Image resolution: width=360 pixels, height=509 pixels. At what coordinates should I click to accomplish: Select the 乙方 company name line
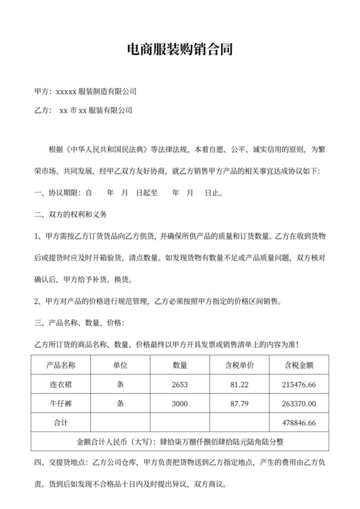pyautogui.click(x=82, y=111)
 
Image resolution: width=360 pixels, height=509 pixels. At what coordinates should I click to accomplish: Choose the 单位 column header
pyautogui.click(x=120, y=366)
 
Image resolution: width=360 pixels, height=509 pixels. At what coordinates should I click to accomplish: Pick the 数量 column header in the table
pyautogui.click(x=180, y=366)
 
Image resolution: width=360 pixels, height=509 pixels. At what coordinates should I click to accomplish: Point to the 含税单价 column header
pyautogui.click(x=240, y=366)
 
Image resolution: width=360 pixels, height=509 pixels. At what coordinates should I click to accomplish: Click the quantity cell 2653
pyautogui.click(x=180, y=384)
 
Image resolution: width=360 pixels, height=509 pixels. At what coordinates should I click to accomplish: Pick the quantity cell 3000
pyautogui.click(x=180, y=404)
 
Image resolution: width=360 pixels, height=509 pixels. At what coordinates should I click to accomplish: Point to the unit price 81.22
pyautogui.click(x=240, y=384)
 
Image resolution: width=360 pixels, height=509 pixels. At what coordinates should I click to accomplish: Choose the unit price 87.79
pyautogui.click(x=240, y=404)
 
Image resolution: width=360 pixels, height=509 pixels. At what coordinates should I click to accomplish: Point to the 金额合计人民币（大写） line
pyautogui.click(x=180, y=442)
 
